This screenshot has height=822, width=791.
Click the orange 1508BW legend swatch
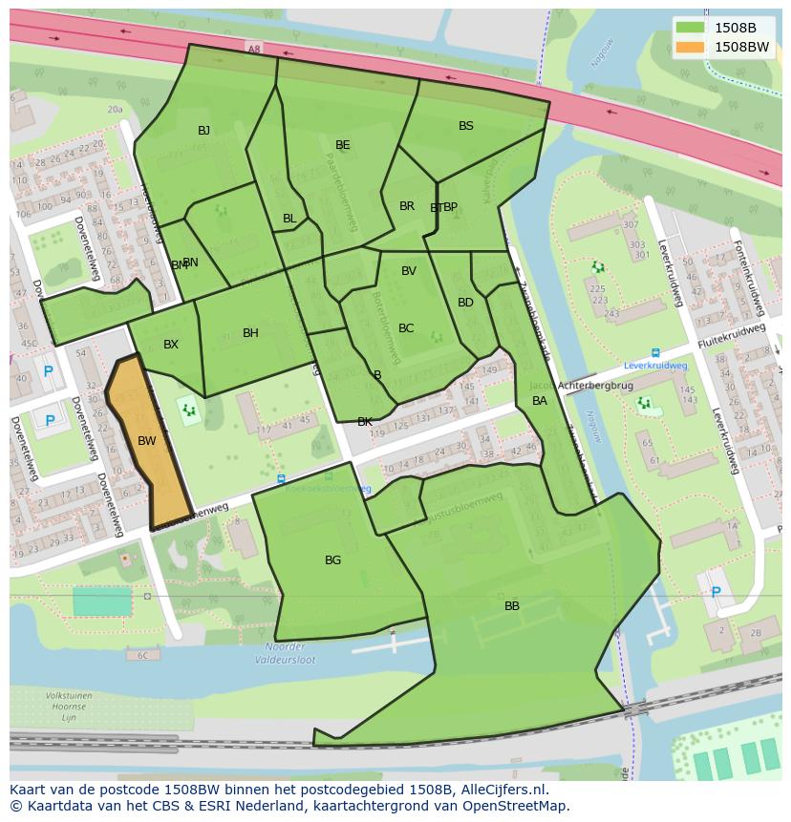coord(689,47)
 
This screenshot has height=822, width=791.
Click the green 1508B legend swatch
coord(689,28)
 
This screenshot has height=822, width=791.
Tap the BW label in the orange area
coord(146,441)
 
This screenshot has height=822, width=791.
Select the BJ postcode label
coord(203,131)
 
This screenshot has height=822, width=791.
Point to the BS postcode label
coord(465,126)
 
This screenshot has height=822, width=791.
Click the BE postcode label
coord(342,145)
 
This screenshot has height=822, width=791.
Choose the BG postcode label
coord(332,560)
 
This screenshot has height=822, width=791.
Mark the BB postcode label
coord(512,606)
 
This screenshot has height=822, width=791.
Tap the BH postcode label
coord(250,333)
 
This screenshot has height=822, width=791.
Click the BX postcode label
coord(170,345)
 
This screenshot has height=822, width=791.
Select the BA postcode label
coord(540,401)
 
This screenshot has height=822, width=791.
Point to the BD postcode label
coord(465,303)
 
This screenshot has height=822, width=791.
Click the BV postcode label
coord(408,271)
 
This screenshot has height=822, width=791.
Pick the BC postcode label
coord(406,328)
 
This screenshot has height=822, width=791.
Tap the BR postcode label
coord(407,206)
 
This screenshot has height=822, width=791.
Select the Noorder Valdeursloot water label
coord(286,653)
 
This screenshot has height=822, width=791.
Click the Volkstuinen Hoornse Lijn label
coord(69,706)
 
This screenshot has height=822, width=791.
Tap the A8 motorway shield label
coord(253,50)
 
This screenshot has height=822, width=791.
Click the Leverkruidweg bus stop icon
coord(655,352)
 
